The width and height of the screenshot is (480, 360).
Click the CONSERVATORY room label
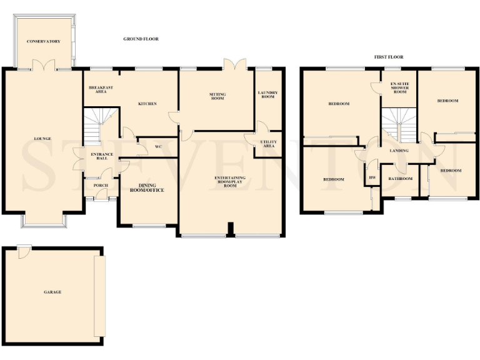click(43, 41)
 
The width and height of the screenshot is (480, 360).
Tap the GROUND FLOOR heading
click(141, 39)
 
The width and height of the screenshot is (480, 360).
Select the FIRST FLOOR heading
click(389, 57)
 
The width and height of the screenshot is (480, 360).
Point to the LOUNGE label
click(42, 138)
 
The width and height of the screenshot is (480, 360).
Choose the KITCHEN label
click(147, 103)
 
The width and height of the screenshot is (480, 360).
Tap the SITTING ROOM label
click(217, 96)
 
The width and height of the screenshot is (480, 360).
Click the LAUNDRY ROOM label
click(267, 95)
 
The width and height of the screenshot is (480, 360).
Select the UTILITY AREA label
click(268, 144)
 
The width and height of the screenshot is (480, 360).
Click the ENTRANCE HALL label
click(99, 156)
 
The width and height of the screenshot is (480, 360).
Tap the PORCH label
click(100, 186)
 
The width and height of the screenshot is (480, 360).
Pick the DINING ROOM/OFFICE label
click(148, 187)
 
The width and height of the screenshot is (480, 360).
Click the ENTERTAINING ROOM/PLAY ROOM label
click(229, 181)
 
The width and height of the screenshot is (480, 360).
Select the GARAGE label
click(52, 292)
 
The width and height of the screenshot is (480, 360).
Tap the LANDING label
click(399, 151)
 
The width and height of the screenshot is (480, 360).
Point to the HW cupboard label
click(372, 178)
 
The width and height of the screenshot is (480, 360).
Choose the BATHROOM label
click(400, 179)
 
